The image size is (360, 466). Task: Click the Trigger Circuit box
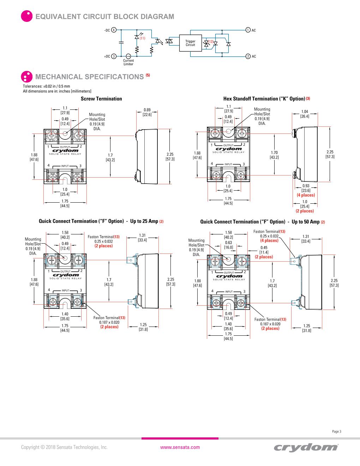coord(190,43)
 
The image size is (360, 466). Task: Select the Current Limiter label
coord(128,62)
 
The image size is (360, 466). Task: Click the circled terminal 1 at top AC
coord(248,30)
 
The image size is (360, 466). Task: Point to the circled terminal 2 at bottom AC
coord(248,56)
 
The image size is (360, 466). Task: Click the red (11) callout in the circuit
coord(143,38)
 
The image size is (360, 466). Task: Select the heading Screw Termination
coord(101,99)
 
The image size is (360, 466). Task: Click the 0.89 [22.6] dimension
coord(147,112)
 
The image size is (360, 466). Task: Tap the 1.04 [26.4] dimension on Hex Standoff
coord(305,114)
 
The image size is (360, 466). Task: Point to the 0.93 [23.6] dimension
coord(306,188)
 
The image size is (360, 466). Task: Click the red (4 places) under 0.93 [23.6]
coord(306,195)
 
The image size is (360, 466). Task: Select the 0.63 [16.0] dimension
coord(228,245)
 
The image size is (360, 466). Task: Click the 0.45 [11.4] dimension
coord(264,250)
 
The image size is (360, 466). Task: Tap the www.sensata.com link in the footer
coord(180,447)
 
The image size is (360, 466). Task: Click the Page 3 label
coord(337,431)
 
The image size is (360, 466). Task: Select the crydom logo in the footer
coord(306,447)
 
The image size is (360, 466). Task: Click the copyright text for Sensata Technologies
coord(64,447)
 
